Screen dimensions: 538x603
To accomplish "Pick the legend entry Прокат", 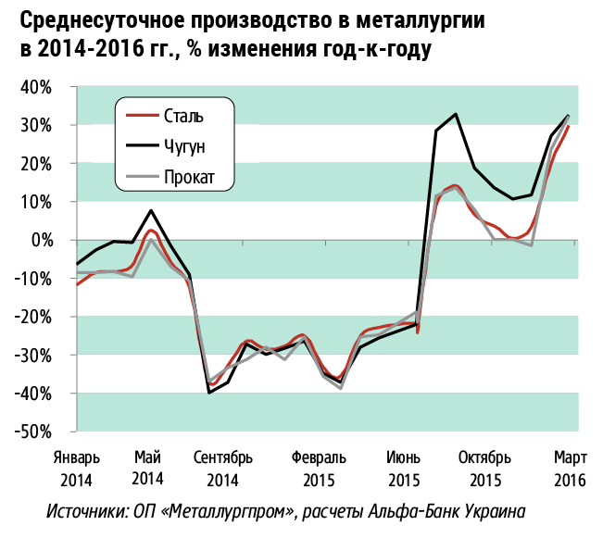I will pos(188,178).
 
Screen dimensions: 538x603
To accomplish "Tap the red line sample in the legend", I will pos(141,116).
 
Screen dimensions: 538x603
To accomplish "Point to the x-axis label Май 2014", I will pos(148,469).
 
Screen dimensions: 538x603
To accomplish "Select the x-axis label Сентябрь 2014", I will pos(222,469).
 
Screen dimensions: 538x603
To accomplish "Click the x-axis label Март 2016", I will pos(570,469).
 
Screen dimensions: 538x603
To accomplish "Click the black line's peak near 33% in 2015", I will pos(456,114).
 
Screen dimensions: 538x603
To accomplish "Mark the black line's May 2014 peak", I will pos(151,210).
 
